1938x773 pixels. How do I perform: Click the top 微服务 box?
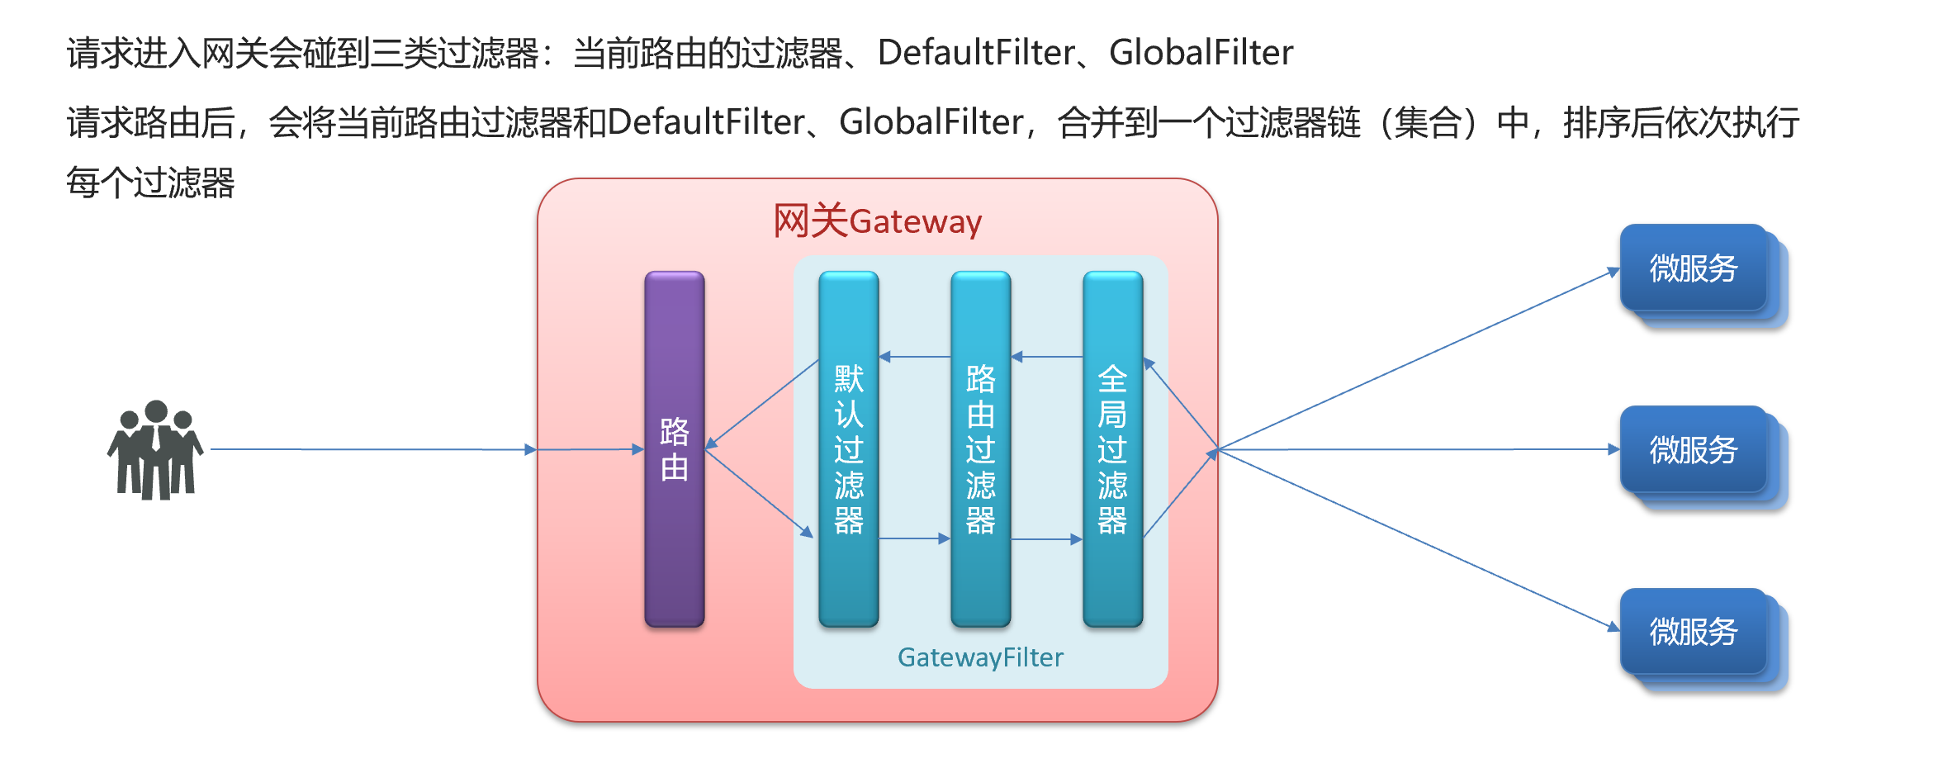(1694, 268)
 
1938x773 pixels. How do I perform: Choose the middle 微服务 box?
(1694, 450)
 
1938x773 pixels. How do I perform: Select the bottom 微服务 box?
(1694, 632)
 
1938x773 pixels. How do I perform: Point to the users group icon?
(155, 450)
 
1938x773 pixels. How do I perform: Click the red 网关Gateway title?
(877, 221)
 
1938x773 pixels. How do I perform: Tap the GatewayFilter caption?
(980, 657)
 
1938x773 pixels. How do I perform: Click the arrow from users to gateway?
(372, 449)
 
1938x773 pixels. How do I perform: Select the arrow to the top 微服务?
(1417, 360)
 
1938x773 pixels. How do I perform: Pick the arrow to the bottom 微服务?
(1417, 538)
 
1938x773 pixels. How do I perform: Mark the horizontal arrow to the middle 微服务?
(1417, 449)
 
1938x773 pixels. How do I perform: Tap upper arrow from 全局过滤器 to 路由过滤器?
(1046, 357)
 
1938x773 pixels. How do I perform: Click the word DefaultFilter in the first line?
(976, 53)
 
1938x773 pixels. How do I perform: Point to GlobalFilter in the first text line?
(1201, 53)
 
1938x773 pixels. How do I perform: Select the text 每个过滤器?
(150, 183)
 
